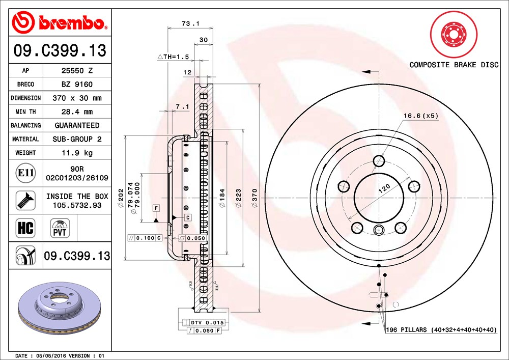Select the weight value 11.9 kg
(77, 153)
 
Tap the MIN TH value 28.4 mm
(77, 112)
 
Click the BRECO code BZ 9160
(77, 85)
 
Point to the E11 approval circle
(25, 173)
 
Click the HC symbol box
(25, 228)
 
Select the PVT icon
(60, 228)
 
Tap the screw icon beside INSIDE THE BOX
(25, 200)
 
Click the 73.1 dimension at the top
(190, 23)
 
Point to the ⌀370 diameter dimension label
(254, 198)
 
